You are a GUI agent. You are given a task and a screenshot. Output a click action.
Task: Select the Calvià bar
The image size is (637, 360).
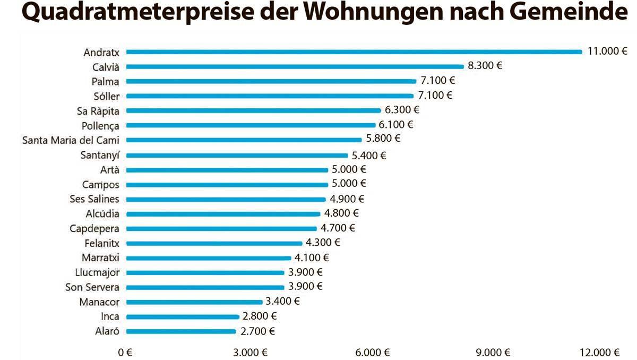click(295, 66)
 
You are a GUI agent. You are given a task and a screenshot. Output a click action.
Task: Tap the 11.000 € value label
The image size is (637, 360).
click(607, 52)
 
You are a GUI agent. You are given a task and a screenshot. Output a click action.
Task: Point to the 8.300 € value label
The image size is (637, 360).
click(485, 66)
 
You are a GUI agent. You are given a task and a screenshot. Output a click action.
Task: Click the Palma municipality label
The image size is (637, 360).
click(105, 81)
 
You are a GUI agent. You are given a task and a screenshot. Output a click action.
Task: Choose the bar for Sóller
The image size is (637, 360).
click(270, 96)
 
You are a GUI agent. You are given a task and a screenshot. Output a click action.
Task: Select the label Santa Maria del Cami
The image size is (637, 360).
click(71, 140)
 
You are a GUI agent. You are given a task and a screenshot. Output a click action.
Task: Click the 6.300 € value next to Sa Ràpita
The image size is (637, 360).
click(402, 110)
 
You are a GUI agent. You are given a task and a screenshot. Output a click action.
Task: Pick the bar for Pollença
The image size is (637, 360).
click(251, 125)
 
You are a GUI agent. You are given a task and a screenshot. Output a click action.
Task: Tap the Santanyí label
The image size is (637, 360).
click(100, 156)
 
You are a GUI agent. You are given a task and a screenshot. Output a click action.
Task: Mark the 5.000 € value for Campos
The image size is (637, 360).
click(349, 184)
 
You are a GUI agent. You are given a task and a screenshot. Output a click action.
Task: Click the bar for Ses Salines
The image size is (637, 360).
click(226, 200)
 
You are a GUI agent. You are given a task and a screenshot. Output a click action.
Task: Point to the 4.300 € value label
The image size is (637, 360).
click(323, 243)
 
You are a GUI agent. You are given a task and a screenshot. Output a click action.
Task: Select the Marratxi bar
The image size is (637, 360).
click(209, 258)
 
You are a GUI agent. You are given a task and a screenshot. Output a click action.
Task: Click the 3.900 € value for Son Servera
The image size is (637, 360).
click(305, 286)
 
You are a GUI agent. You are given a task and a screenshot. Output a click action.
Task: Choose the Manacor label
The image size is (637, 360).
click(99, 302)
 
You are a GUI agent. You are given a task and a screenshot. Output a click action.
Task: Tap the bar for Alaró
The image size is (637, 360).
click(181, 331)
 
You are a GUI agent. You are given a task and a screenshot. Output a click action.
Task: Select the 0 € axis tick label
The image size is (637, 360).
click(125, 353)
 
